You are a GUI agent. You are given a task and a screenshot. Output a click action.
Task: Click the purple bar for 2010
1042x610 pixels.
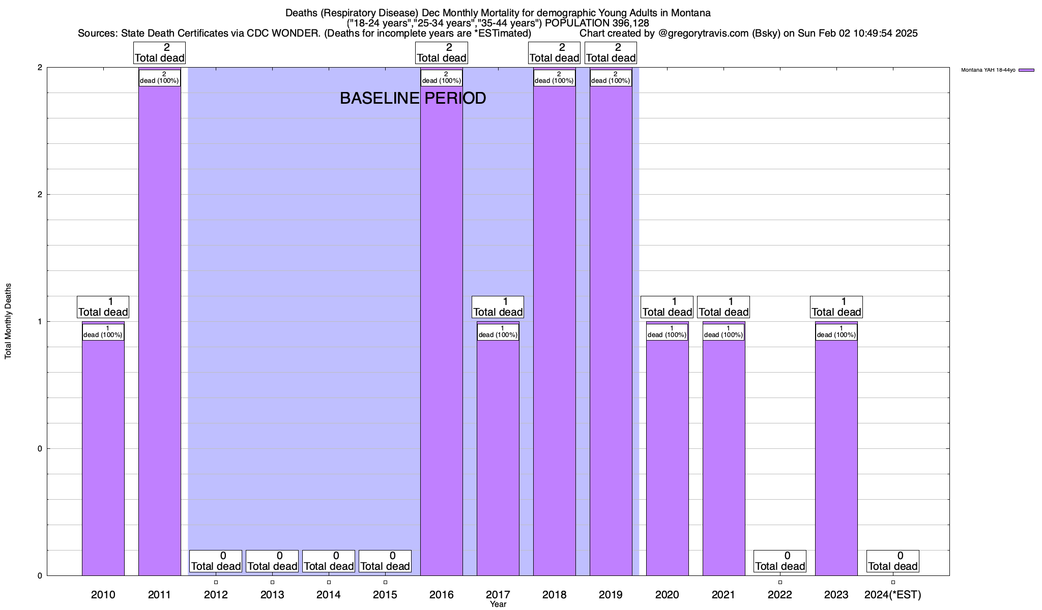[x=103, y=457]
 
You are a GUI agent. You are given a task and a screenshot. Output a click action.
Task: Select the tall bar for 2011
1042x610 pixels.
[x=159, y=330]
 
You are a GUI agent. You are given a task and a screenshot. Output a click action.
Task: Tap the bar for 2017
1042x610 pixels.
[x=498, y=457]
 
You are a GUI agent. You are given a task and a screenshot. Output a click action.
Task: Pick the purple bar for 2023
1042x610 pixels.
[x=836, y=457]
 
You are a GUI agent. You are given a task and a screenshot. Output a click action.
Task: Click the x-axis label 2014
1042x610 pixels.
[x=329, y=594]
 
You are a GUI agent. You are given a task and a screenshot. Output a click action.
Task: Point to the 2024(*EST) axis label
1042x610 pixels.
[x=892, y=594]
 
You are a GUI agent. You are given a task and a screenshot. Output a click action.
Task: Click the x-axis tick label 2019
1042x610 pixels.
[x=611, y=594]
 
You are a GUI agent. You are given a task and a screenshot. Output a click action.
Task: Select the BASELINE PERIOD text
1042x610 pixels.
[x=413, y=98]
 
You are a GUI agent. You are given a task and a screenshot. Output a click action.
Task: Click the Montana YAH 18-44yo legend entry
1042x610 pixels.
[x=997, y=70]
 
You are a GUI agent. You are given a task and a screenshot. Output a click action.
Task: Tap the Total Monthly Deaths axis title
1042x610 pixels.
[x=8, y=321]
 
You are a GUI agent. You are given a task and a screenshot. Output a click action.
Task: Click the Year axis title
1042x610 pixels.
[x=498, y=604]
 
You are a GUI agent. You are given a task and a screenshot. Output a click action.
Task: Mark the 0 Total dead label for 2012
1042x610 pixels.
[x=216, y=561]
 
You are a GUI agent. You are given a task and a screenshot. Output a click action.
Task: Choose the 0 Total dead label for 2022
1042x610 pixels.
[x=780, y=561]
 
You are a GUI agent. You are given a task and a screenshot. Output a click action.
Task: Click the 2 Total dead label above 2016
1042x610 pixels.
[x=442, y=53]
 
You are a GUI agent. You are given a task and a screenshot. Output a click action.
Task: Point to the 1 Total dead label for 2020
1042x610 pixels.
[x=667, y=307]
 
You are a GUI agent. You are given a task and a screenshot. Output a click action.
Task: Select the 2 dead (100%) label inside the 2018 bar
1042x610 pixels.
[x=554, y=78]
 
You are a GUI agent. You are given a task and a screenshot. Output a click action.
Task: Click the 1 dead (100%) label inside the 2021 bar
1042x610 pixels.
[x=723, y=332]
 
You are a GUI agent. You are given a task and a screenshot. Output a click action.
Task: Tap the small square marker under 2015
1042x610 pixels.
[x=385, y=582]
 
